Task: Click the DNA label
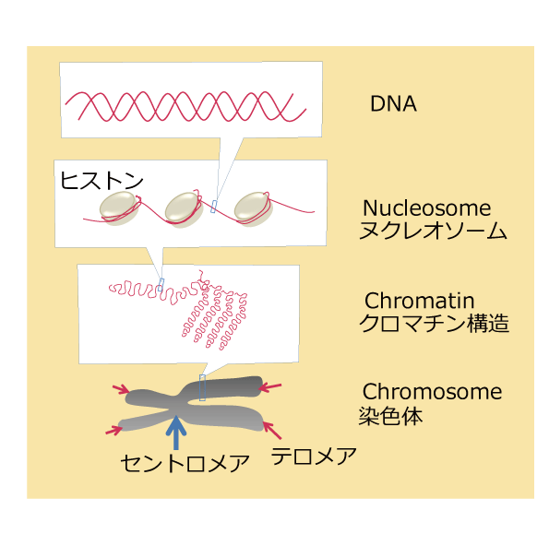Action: click(x=394, y=103)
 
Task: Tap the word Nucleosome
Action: click(x=427, y=208)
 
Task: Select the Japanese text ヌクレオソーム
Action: click(x=433, y=231)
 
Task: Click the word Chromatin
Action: click(x=420, y=301)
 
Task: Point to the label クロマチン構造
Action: click(x=434, y=323)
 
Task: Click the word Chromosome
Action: click(x=433, y=392)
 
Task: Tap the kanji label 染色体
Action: click(x=390, y=416)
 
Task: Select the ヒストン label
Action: click(x=101, y=181)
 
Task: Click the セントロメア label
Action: click(x=185, y=463)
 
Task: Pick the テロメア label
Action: click(x=314, y=456)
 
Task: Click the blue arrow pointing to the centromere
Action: click(x=176, y=433)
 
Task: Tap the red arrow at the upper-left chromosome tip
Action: click(x=121, y=389)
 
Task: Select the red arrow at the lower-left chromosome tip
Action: click(x=113, y=430)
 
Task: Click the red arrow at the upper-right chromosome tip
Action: click(x=270, y=386)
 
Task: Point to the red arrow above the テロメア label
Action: click(x=272, y=431)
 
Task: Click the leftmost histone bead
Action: click(x=119, y=208)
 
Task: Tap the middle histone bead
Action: click(x=185, y=209)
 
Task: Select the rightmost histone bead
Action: click(x=253, y=209)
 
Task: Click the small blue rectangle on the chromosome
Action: click(x=202, y=387)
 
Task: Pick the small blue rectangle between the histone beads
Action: click(x=213, y=207)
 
